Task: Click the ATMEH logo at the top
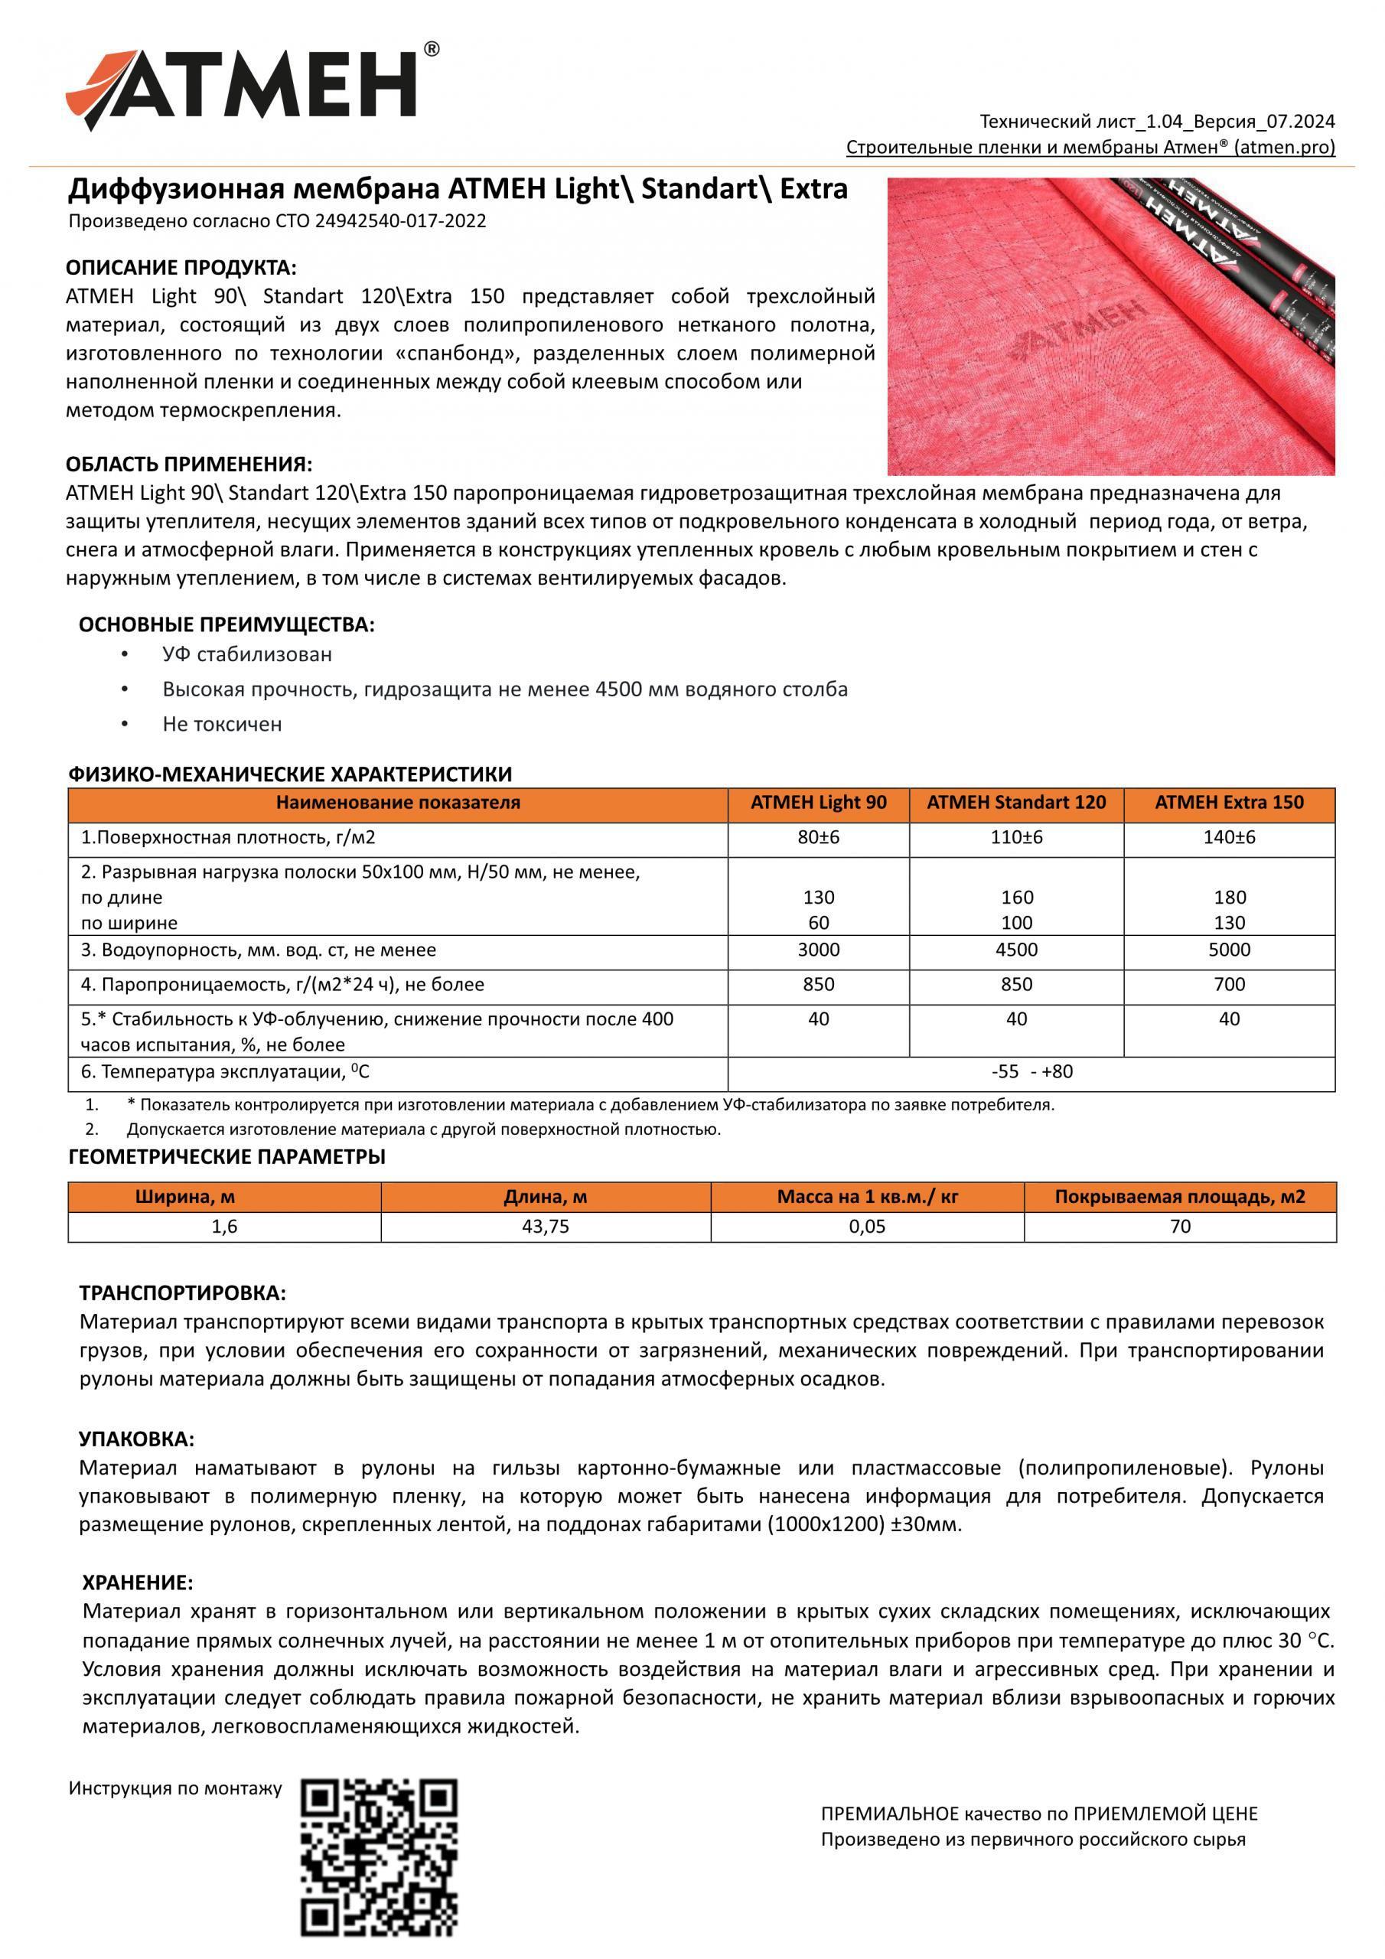[x=252, y=89]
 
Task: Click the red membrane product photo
[x=1110, y=326]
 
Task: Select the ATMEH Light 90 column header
[x=817, y=803]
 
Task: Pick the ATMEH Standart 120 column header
[x=1015, y=803]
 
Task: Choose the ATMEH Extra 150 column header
[x=1229, y=803]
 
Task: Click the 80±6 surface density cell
[x=817, y=838]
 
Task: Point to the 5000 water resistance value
[x=1229, y=950]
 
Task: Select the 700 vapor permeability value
[x=1229, y=985]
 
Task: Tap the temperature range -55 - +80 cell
[x=1031, y=1071]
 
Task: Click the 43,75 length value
[x=546, y=1227]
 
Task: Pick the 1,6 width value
[x=223, y=1227]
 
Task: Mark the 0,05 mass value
[x=866, y=1227]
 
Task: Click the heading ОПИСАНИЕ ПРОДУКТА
[x=181, y=268]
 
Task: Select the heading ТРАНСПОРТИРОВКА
[x=183, y=1292]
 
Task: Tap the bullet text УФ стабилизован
[x=247, y=654]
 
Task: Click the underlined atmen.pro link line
[x=1090, y=148]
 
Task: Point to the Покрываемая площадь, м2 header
[x=1179, y=1197]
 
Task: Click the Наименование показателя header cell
[x=398, y=803]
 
